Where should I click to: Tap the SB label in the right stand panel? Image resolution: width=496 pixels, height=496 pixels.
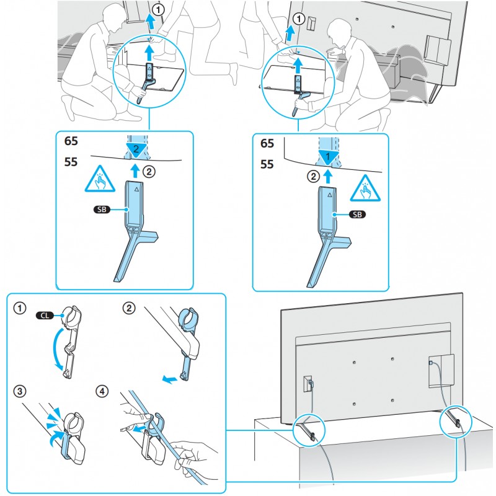[x=355, y=215]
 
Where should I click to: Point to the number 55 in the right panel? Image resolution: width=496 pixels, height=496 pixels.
[x=267, y=166]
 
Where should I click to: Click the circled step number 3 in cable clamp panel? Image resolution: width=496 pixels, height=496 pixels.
[x=21, y=392]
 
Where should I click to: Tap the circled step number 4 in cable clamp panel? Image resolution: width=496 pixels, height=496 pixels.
[x=103, y=392]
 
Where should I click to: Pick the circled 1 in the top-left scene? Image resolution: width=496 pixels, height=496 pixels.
[x=159, y=11]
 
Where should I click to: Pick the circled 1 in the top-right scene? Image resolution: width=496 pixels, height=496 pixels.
[x=299, y=20]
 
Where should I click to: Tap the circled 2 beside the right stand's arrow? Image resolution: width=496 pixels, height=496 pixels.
[x=314, y=175]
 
